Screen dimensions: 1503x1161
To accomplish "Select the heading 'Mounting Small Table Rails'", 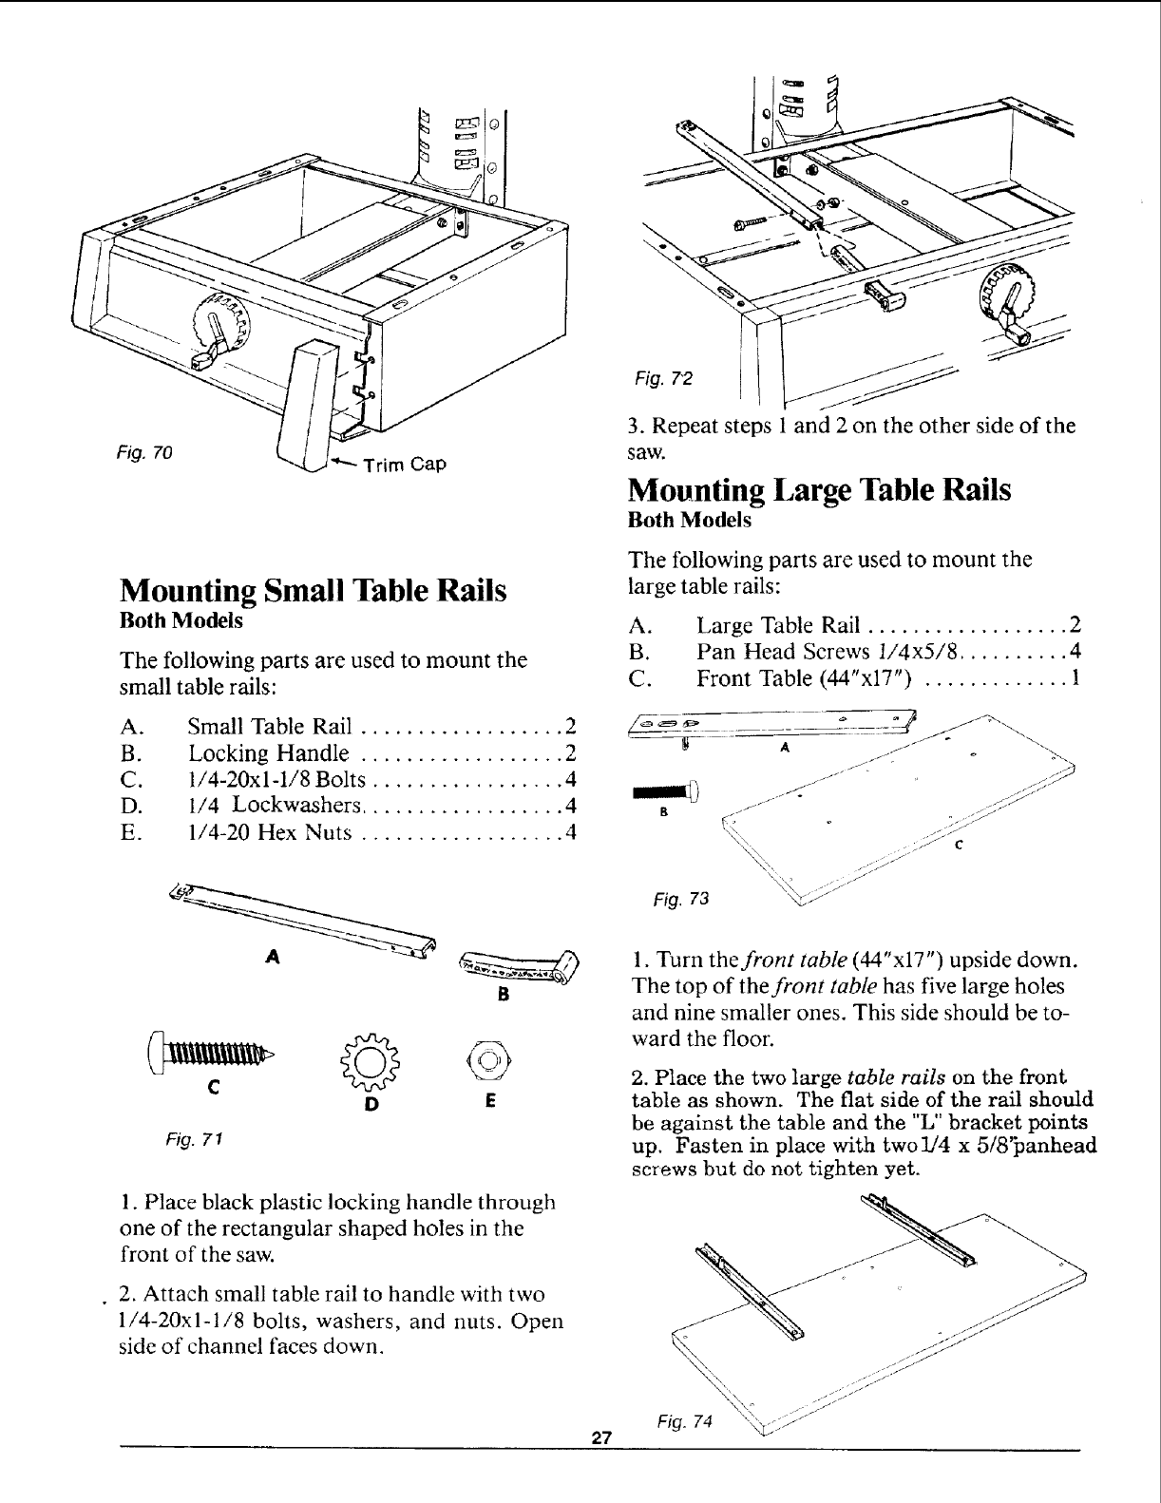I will pyautogui.click(x=314, y=590).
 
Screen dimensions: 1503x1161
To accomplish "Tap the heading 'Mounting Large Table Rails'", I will pyautogui.click(x=819, y=490).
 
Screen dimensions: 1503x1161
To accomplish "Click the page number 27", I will pyautogui.click(x=599, y=1436).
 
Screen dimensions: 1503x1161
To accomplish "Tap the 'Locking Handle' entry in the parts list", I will pyautogui.click(x=269, y=754).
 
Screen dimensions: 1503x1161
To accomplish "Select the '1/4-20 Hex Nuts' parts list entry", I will pyautogui.click(x=271, y=833).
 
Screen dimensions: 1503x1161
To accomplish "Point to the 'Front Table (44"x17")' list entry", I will pyautogui.click(x=805, y=678).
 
